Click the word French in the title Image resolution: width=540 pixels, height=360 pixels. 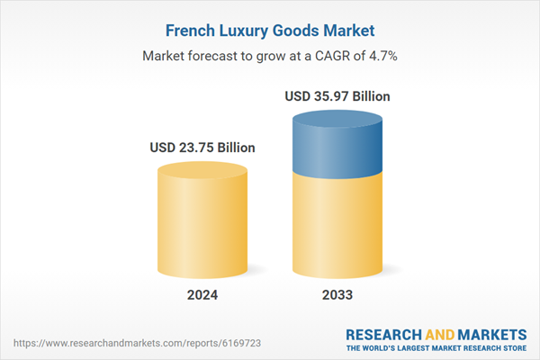coord(190,29)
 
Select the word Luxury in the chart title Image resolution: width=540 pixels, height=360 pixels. coord(247,29)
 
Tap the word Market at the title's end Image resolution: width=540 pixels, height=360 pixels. coord(349,29)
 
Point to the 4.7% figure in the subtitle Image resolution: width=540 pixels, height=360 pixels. coord(382,55)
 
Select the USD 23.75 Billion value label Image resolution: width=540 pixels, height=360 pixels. coord(202,148)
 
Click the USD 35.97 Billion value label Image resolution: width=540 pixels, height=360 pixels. coord(337,95)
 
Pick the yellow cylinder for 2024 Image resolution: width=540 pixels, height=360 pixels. coord(202,220)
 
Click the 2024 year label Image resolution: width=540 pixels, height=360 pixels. coord(202,294)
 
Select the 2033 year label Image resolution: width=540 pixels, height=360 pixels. coord(337,294)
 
